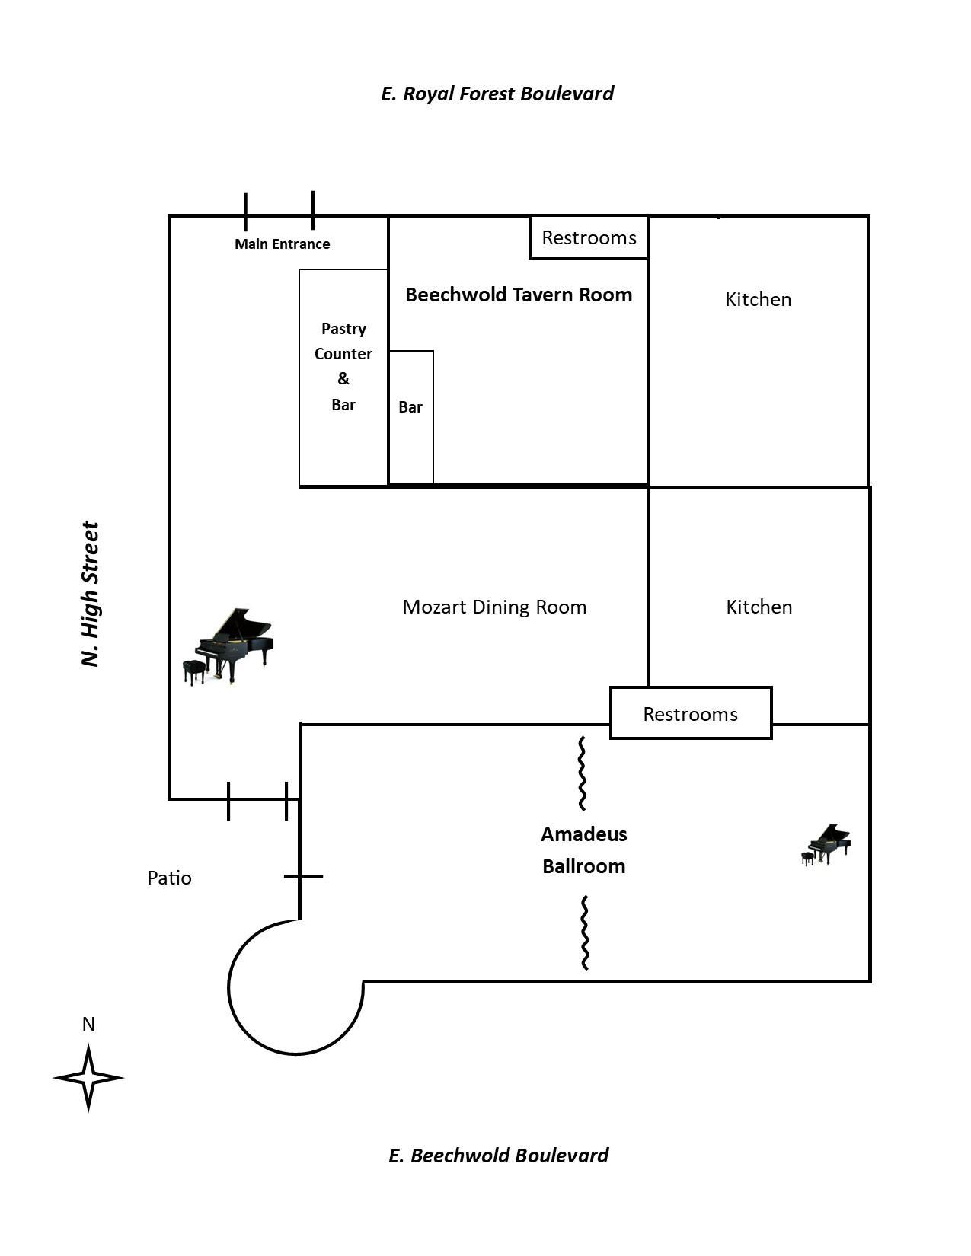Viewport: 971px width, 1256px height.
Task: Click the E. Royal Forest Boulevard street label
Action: pos(497,94)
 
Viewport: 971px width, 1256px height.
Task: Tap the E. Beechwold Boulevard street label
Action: pos(498,1156)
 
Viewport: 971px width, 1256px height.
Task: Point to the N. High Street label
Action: pos(91,594)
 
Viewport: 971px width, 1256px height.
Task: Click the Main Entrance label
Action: pos(282,244)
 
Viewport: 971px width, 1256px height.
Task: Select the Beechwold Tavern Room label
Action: pos(518,295)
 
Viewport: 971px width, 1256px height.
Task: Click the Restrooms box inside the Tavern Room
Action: pos(589,237)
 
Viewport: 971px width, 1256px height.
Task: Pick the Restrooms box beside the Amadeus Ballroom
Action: pos(690,714)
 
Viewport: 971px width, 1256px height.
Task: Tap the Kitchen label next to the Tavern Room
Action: pos(758,300)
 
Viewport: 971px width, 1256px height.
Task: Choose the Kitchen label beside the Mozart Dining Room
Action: pos(759,607)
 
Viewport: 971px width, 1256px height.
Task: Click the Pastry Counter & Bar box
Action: pos(343,377)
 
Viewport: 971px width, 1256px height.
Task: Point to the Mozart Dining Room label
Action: pos(494,607)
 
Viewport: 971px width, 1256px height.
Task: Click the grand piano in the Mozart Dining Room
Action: pos(228,646)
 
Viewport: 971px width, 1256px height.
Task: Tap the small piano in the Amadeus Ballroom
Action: pos(826,844)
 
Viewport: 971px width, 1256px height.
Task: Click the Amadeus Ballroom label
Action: pos(584,850)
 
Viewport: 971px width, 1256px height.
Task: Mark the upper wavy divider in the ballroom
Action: pos(582,773)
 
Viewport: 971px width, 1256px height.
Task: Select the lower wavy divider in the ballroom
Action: pos(585,932)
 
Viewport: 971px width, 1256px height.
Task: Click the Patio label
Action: pos(169,878)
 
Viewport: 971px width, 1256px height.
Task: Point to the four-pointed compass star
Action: pos(88,1077)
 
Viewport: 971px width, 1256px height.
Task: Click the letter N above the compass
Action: pos(88,1025)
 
